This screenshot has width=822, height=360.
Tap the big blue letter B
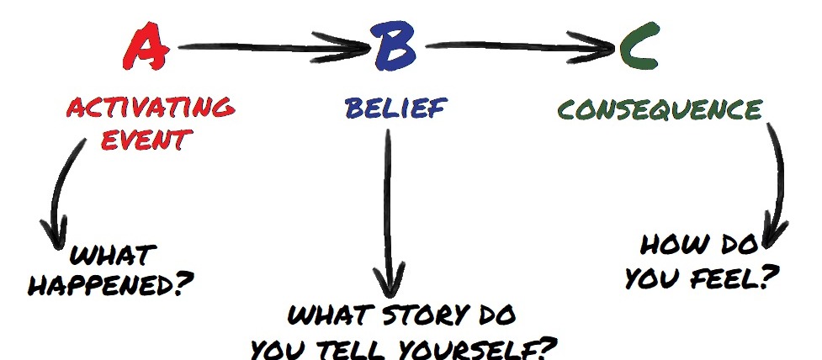click(394, 48)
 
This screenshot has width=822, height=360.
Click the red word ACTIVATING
click(150, 108)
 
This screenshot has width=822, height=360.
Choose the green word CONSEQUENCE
click(660, 110)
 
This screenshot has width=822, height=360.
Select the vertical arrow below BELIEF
click(390, 210)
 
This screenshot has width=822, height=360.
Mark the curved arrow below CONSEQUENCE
click(777, 181)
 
